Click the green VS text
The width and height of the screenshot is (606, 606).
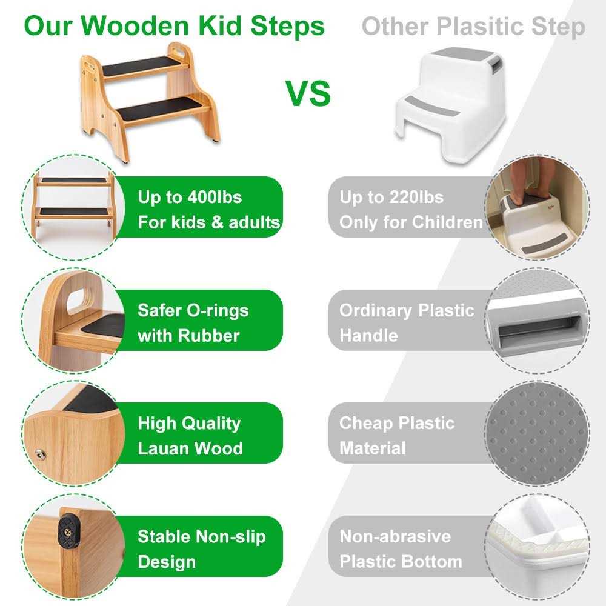(x=308, y=93)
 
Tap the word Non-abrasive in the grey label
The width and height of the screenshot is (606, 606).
(x=395, y=536)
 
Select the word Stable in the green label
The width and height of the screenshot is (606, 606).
(x=164, y=536)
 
